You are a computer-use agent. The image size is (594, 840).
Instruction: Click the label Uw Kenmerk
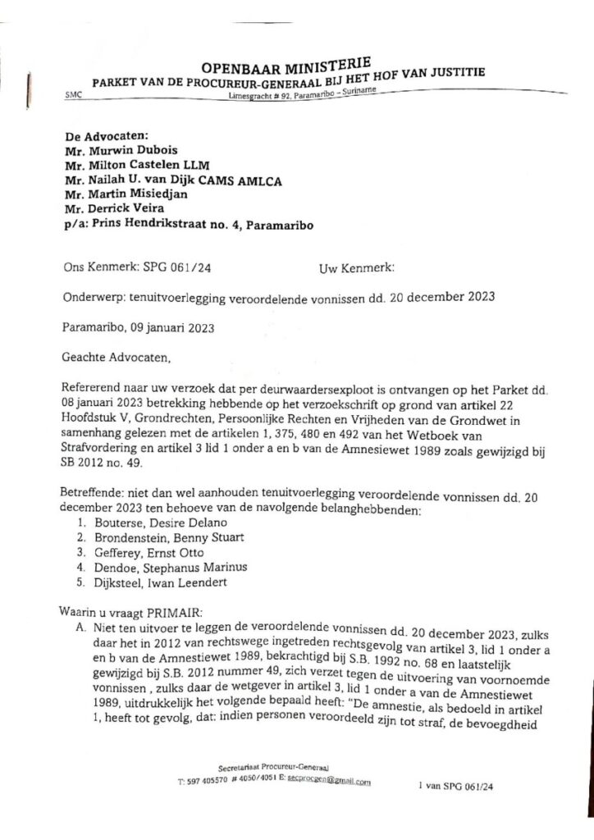pyautogui.click(x=355, y=267)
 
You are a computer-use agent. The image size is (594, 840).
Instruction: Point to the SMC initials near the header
pyautogui.click(x=73, y=97)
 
